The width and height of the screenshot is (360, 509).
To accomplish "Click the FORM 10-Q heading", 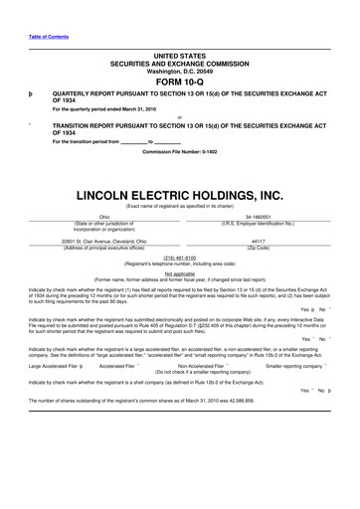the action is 179,83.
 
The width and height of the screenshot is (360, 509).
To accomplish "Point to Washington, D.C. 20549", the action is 179,72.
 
